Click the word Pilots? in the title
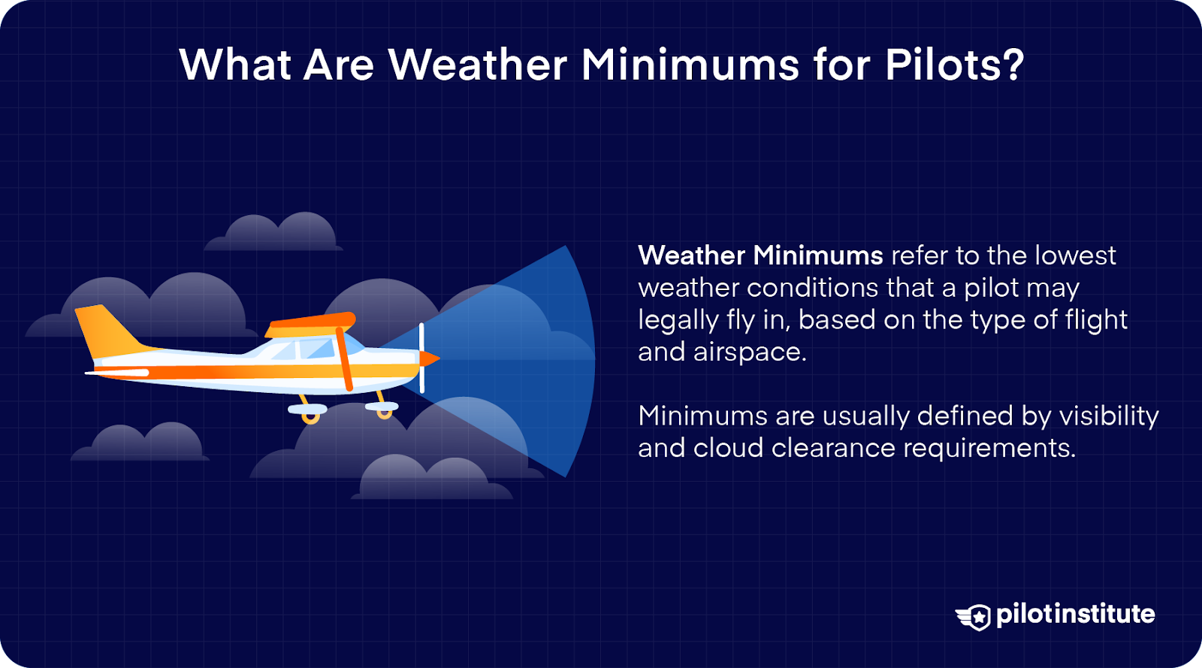coord(954,65)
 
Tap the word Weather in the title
coord(478,65)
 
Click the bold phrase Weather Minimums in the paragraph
coord(760,255)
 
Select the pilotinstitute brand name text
coord(1075,614)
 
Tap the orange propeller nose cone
coord(429,358)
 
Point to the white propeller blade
coord(421,358)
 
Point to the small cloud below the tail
coord(141,443)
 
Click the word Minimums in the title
coord(690,65)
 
